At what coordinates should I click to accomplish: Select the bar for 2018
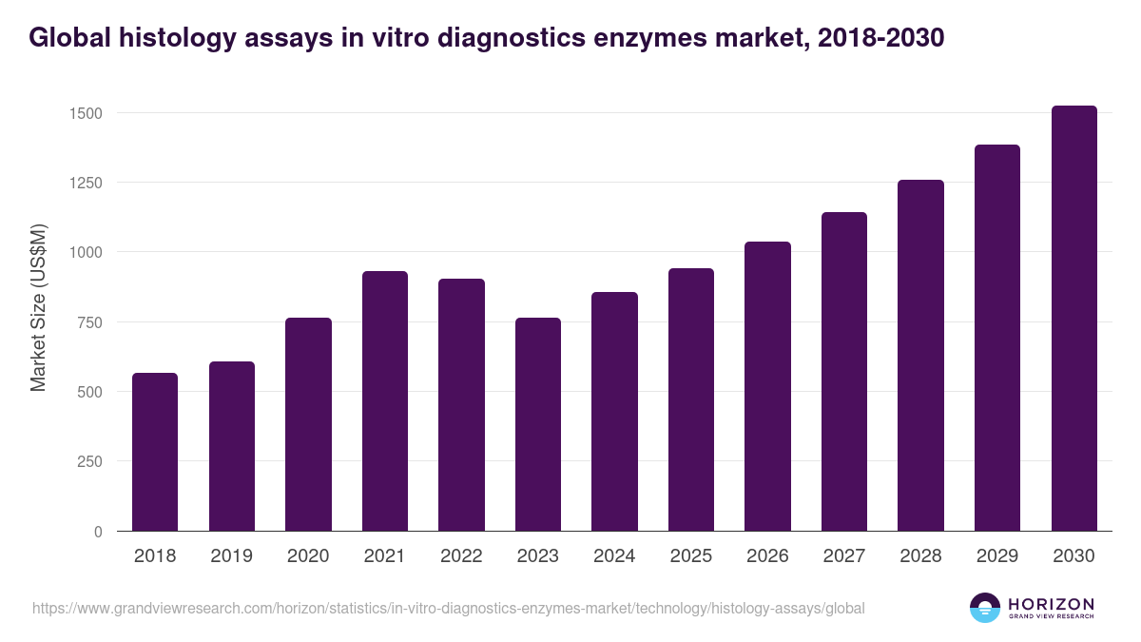(155, 452)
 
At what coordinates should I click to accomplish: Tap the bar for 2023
(538, 424)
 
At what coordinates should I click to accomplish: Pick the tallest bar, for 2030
(1074, 318)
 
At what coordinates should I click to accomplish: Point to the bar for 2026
(768, 386)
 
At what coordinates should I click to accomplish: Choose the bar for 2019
(232, 446)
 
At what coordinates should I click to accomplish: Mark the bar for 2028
(921, 355)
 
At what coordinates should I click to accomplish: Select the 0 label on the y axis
(97, 532)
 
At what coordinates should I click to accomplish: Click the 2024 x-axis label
(614, 556)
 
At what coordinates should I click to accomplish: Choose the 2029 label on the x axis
(997, 556)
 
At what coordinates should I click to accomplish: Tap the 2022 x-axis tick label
(461, 556)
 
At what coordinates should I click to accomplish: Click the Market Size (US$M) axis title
(38, 307)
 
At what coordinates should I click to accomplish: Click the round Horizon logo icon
(985, 608)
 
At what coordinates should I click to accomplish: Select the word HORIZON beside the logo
(1052, 603)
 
